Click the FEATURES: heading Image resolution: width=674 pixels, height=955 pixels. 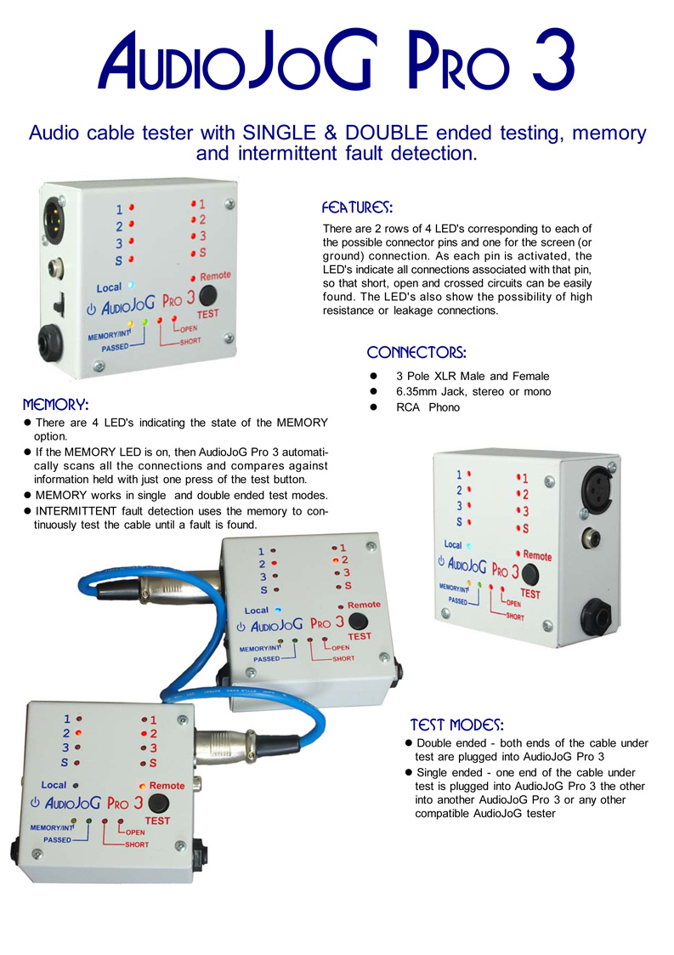(x=357, y=207)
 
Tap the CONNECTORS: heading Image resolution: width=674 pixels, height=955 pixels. (x=416, y=352)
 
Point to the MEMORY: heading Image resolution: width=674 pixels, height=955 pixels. (x=56, y=403)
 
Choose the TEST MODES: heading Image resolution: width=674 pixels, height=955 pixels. (x=457, y=725)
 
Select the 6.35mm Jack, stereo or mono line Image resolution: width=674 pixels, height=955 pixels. (x=473, y=391)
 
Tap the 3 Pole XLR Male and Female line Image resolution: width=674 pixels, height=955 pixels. (x=472, y=376)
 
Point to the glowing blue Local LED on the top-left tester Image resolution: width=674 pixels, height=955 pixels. (x=130, y=287)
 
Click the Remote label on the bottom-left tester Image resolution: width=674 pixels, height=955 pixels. (x=167, y=786)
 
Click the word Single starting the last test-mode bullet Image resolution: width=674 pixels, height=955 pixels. (x=432, y=773)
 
